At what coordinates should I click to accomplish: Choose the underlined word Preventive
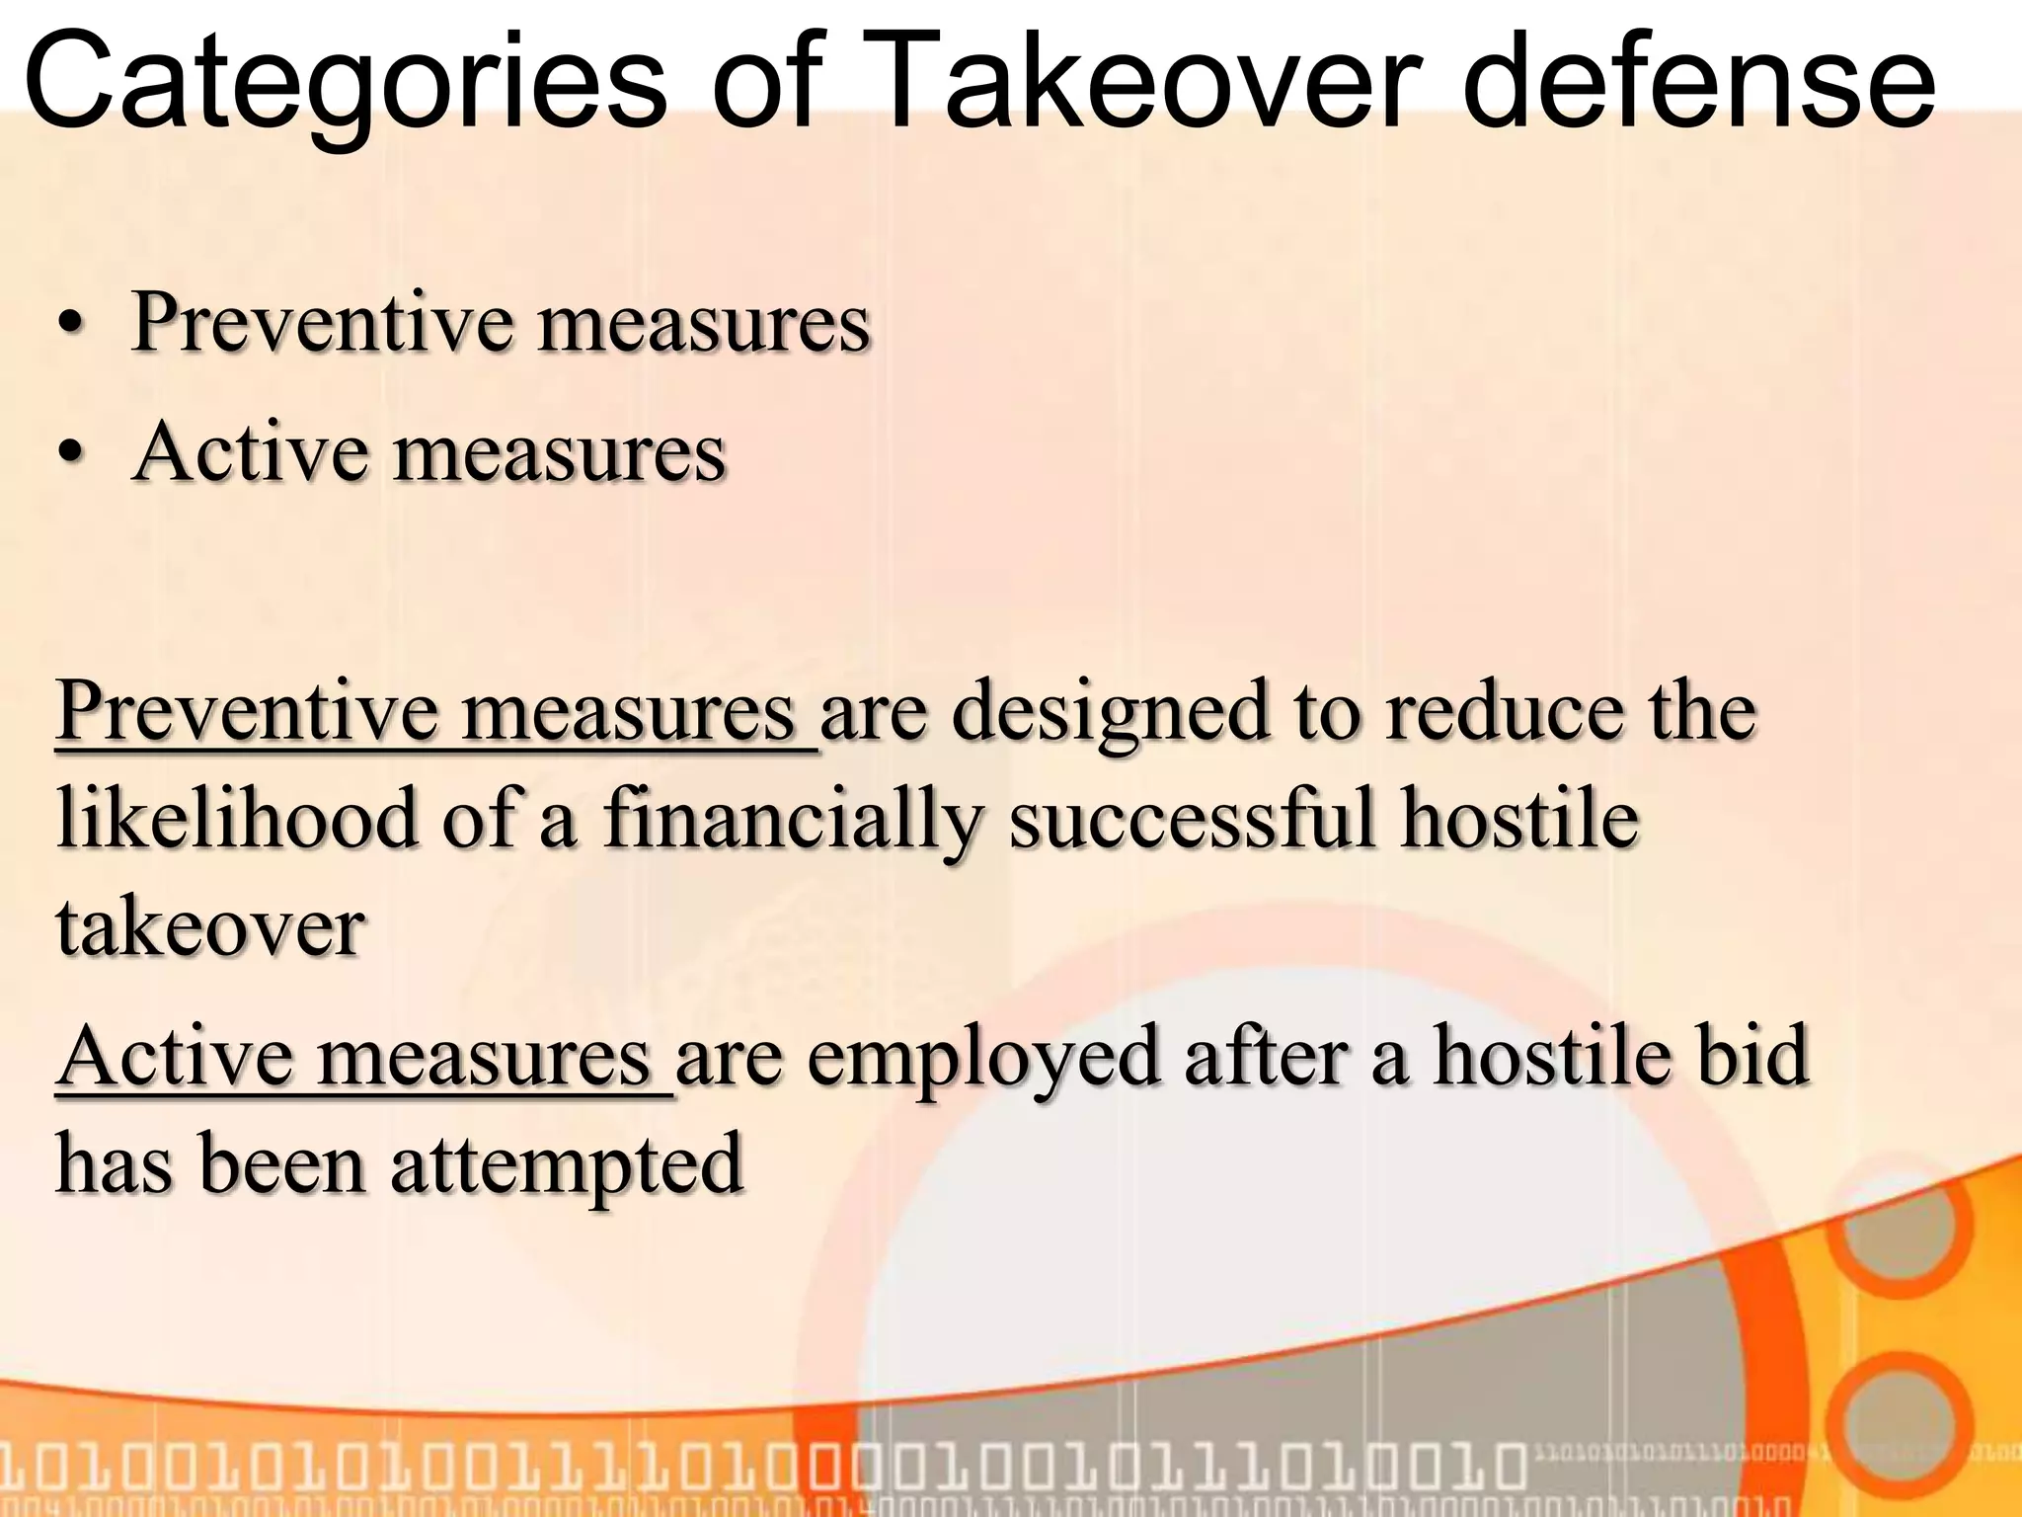[246, 713]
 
